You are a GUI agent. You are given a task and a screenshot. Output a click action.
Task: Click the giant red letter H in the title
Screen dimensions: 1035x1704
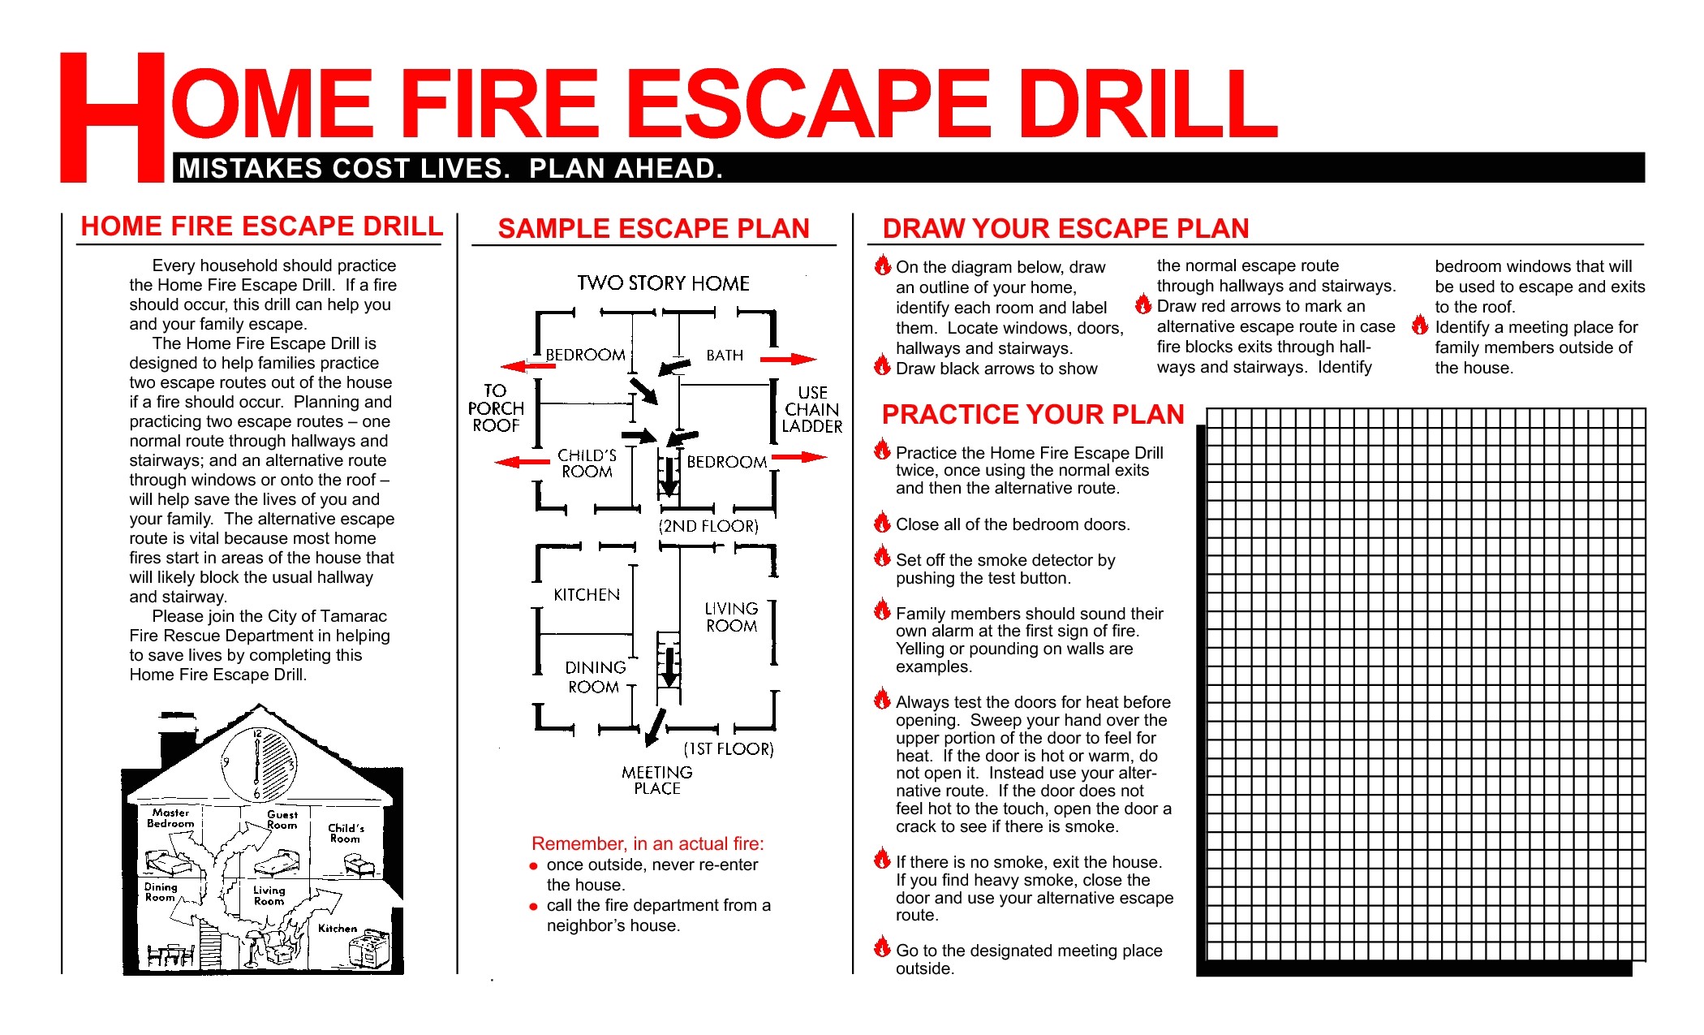click(x=112, y=118)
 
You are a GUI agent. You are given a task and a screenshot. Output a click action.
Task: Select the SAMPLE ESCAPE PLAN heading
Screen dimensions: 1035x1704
click(x=653, y=229)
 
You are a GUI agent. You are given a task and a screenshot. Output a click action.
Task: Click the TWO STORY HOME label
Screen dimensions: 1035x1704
click(x=663, y=283)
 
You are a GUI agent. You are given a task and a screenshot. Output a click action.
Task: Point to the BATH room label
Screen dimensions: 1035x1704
click(x=725, y=356)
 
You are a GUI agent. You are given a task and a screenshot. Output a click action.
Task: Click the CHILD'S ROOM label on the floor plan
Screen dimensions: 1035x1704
click(x=587, y=464)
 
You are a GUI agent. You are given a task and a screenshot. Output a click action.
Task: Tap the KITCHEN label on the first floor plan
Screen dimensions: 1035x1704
click(x=587, y=595)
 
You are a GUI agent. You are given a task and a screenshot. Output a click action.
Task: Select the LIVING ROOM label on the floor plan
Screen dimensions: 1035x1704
click(x=731, y=617)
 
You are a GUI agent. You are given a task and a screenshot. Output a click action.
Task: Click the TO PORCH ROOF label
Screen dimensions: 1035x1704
click(x=496, y=408)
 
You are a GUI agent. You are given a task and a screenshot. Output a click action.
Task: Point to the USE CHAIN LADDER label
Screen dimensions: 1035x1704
click(x=811, y=409)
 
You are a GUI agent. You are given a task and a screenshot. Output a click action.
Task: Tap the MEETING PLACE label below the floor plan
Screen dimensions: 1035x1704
click(x=657, y=780)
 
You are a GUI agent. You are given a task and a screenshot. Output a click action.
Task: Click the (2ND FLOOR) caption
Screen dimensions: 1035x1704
click(x=708, y=526)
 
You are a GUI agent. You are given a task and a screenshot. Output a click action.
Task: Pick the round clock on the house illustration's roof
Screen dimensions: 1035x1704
click(x=259, y=764)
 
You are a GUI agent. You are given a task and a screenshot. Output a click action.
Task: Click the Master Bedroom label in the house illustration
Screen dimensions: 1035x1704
click(x=170, y=817)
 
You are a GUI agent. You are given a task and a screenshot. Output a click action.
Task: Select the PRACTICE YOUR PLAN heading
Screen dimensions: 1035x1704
click(x=1032, y=415)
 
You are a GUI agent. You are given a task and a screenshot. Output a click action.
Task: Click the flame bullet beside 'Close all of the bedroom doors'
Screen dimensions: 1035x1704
click(x=882, y=522)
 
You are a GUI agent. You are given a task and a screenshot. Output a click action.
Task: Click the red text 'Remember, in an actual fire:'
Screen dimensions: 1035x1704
click(x=648, y=843)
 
